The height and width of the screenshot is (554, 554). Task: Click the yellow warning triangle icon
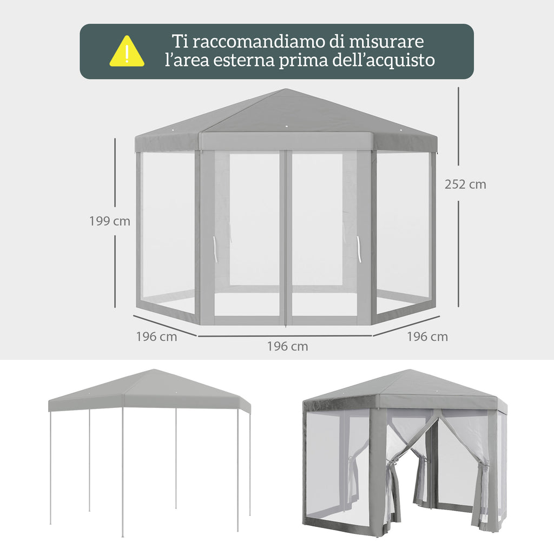click(127, 51)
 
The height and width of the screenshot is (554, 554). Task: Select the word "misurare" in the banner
click(386, 41)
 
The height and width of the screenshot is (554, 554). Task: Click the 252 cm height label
click(465, 184)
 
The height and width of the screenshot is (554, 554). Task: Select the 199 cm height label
click(109, 221)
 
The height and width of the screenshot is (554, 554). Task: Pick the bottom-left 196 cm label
click(156, 337)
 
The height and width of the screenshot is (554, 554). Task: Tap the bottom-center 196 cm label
click(287, 346)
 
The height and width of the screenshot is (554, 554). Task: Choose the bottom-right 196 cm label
click(427, 337)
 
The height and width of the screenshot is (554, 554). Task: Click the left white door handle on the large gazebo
click(214, 249)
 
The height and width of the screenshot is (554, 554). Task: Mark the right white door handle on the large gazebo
click(359, 249)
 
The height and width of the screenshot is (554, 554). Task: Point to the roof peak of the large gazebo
click(286, 89)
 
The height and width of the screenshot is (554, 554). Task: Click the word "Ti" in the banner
click(180, 41)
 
